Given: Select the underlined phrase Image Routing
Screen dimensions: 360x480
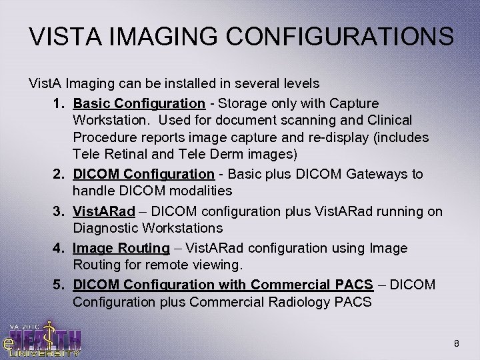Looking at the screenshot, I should pos(121,248).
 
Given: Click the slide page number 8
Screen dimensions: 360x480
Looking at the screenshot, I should pos(455,344).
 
